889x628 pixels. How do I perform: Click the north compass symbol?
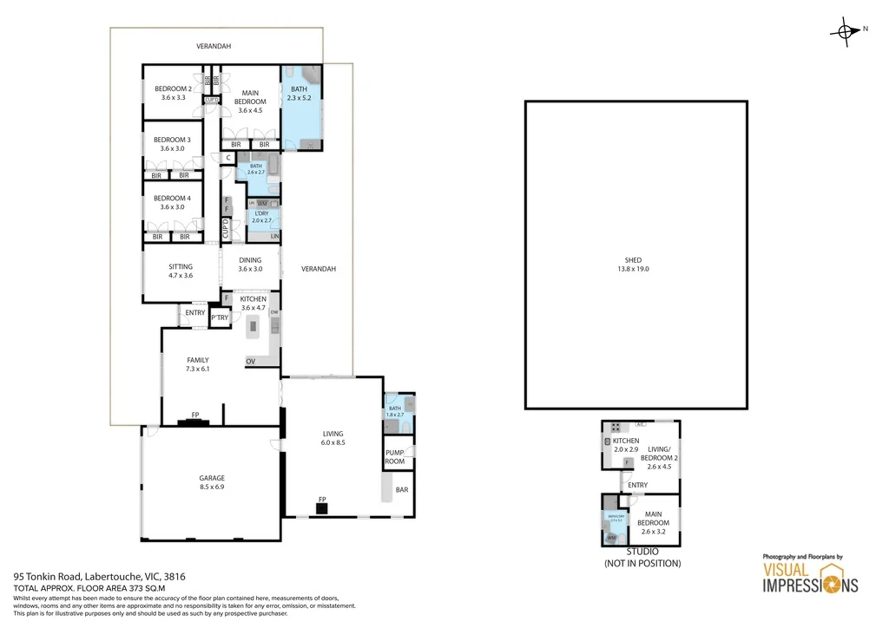845,31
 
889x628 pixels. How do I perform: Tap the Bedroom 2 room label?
173,93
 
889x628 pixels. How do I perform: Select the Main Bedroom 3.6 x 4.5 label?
250,101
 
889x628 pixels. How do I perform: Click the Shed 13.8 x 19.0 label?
636,265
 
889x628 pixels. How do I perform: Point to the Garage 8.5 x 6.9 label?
212,482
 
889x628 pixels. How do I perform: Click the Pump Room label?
395,457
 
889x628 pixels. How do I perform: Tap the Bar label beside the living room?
402,491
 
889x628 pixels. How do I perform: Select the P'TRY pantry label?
220,319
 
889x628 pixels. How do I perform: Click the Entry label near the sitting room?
195,313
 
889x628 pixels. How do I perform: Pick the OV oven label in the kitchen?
250,361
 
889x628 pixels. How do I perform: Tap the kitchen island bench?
254,326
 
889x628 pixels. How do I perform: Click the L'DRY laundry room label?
261,217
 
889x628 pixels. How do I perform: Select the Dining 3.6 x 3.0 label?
250,264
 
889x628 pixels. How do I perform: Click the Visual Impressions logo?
809,577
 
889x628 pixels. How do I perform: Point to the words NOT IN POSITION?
642,563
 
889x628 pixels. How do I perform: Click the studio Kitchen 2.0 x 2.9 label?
625,446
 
